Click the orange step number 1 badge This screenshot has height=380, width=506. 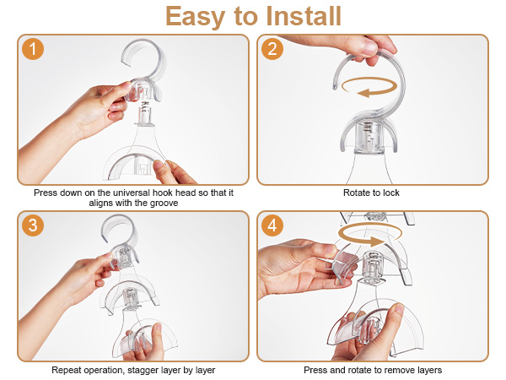(x=33, y=49)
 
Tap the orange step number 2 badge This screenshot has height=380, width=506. (x=272, y=49)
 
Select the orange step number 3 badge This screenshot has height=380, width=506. (x=33, y=225)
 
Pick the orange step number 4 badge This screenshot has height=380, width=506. (x=272, y=225)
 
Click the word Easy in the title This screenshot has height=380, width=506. (x=195, y=17)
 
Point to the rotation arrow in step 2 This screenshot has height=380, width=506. (x=369, y=87)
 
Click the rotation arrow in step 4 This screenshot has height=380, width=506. (x=370, y=236)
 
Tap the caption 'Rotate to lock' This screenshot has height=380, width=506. (x=371, y=193)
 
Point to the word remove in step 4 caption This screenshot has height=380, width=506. (x=397, y=370)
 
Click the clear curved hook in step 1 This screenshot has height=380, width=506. (x=159, y=60)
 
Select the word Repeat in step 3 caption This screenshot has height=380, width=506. (x=65, y=370)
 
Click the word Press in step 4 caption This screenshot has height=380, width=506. (x=314, y=370)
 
